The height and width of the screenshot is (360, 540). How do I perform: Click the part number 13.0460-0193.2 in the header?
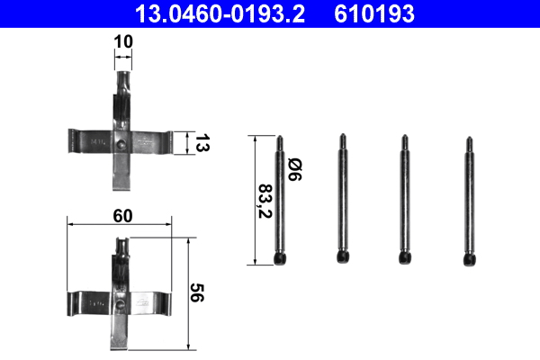220,14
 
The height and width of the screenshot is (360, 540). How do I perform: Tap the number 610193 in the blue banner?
374,14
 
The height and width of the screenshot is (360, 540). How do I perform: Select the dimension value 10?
123,41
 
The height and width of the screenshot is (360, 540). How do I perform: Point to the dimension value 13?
202,143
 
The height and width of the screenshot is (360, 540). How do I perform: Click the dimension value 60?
122,216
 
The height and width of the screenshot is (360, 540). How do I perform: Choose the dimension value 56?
197,292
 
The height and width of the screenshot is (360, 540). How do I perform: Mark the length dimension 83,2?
265,202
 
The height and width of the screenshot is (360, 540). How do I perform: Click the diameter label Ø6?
295,169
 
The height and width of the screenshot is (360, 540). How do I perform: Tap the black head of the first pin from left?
281,258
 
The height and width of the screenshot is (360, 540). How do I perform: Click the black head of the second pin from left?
343,256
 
